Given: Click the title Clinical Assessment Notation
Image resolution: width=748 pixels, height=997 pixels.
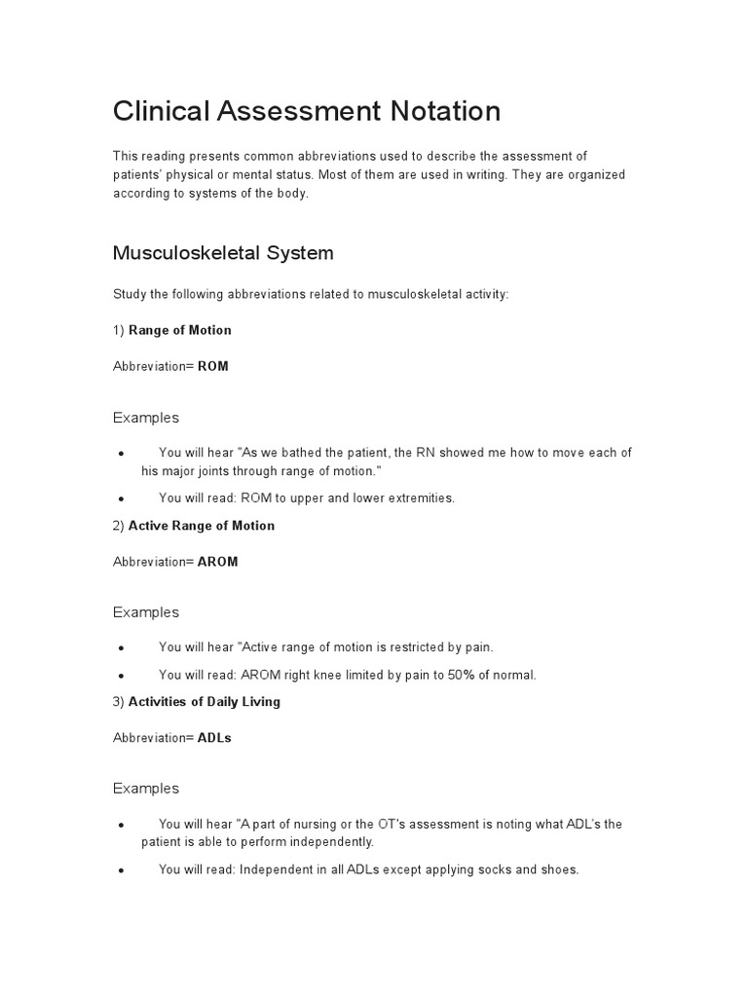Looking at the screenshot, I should [307, 111].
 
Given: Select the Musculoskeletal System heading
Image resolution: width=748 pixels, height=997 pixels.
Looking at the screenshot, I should [223, 253].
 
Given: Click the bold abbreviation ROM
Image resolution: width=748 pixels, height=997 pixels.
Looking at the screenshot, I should [213, 367].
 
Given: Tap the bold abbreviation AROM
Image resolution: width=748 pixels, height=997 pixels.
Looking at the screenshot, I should [218, 562].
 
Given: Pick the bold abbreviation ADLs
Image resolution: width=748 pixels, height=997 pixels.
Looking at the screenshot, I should [214, 738].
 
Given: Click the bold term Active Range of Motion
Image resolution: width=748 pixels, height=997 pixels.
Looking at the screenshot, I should [202, 526].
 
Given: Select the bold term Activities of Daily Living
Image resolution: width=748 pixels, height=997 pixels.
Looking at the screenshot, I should [205, 702].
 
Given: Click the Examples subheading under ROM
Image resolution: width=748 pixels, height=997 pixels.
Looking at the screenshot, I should [146, 418].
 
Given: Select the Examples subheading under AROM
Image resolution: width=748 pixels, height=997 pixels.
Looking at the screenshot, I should [146, 612].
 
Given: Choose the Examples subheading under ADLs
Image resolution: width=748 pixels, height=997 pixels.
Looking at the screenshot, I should [146, 789].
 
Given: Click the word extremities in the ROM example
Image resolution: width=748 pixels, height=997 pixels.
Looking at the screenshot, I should [422, 498].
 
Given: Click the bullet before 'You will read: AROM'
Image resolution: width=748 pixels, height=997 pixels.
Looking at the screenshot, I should [120, 676].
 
